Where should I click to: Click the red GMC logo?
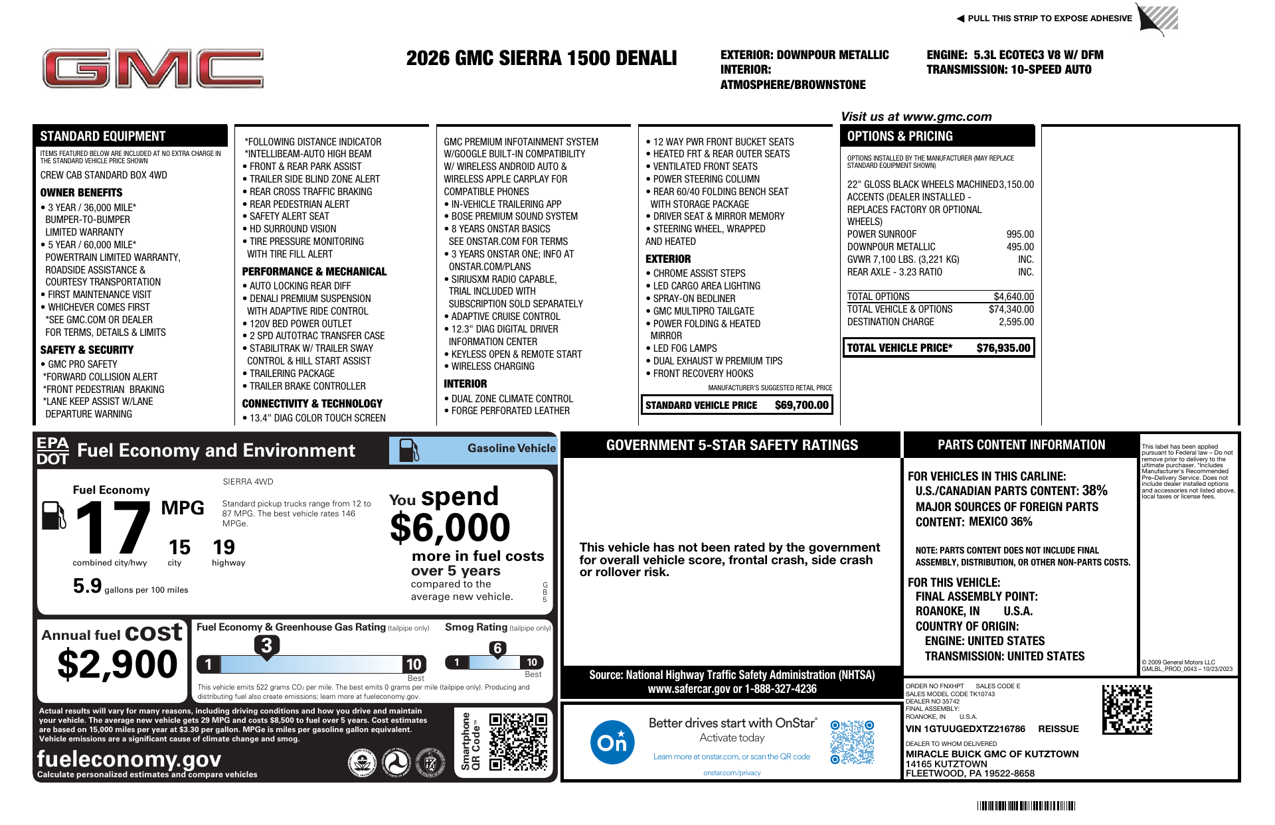153,68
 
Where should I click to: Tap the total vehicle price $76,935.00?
1003,348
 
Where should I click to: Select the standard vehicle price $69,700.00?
802,405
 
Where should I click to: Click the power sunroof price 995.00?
1019,234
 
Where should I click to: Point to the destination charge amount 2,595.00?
1016,322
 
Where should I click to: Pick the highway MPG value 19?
224,548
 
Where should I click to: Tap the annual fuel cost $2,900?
118,664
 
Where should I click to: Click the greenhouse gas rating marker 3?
266,645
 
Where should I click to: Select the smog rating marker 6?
497,648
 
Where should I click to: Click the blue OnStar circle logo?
612,741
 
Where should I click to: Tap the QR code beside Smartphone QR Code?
518,741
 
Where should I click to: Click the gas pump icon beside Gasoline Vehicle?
408,450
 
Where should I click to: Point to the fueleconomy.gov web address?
129,758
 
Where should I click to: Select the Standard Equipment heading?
102,136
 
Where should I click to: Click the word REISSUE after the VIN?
1058,729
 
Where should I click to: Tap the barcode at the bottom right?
1025,806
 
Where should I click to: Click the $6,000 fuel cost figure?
450,528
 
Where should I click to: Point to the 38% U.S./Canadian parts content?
1094,490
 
